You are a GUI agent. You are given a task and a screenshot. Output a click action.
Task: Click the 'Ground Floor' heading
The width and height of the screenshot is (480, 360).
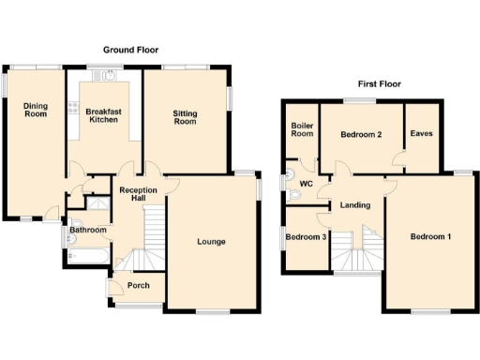[130, 50]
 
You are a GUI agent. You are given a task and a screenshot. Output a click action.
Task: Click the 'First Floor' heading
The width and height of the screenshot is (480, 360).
[379, 83]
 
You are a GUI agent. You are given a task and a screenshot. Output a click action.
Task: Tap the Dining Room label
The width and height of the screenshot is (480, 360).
[36, 110]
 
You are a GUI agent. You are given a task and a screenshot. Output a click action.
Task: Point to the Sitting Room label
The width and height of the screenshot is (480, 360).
[185, 117]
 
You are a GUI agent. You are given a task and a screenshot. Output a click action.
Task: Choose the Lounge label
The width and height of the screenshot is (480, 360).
[211, 242]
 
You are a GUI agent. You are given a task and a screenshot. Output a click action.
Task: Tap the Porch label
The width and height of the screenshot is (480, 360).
[139, 286]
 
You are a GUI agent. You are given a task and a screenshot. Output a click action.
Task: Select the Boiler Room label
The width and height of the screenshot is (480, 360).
[302, 129]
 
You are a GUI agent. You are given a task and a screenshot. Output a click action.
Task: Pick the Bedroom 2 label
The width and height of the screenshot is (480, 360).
[361, 135]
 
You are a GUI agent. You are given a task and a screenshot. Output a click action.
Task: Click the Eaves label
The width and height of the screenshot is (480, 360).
[422, 134]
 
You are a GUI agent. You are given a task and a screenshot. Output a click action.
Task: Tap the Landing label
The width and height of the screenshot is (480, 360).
[355, 205]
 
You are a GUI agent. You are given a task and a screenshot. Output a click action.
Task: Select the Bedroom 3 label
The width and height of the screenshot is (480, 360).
[306, 237]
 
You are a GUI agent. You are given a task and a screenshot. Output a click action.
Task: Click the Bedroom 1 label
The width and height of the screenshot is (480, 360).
[431, 236]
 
